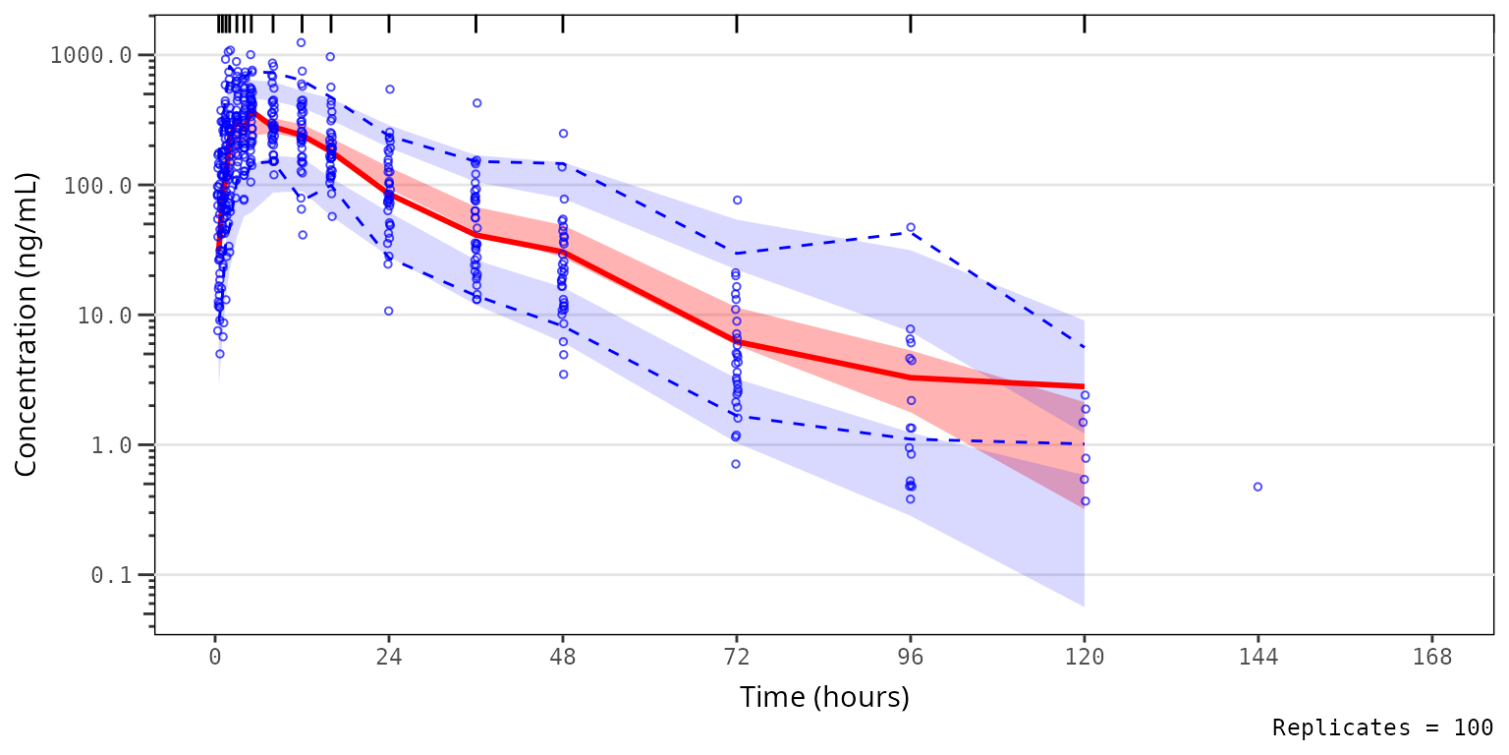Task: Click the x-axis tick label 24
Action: coord(389,657)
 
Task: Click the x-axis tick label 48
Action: coord(563,657)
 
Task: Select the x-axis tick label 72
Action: coord(737,657)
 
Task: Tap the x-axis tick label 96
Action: coord(911,657)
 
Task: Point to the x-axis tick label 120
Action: coord(1084,657)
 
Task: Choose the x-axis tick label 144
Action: coord(1257,657)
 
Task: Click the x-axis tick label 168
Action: coord(1431,657)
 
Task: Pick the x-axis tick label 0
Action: coord(215,657)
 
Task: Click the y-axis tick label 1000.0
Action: coord(90,55)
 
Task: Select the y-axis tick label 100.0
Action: coord(96,185)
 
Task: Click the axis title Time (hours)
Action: coord(823,698)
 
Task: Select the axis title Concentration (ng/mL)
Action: coord(27,324)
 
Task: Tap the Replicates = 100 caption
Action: coord(1382,727)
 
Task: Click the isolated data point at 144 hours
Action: coord(1257,487)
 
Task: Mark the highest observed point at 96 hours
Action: coord(911,227)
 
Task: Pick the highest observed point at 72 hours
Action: coord(737,200)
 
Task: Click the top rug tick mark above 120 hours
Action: coord(1084,24)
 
